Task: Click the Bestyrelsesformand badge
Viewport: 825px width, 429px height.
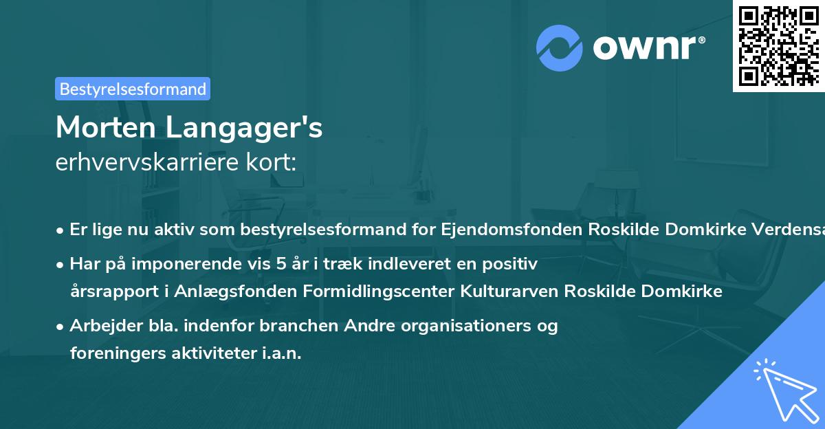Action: click(133, 89)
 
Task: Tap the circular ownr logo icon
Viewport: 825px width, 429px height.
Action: click(560, 48)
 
